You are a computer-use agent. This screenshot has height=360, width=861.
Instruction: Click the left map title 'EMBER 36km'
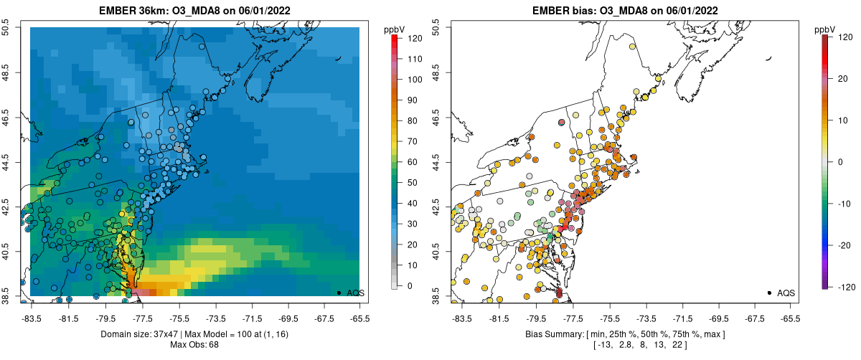[x=132, y=11]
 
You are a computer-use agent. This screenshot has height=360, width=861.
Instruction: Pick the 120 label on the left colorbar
[x=415, y=39]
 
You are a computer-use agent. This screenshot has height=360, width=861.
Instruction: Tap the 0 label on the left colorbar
[x=410, y=286]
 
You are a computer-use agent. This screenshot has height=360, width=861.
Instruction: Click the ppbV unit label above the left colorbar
[x=394, y=29]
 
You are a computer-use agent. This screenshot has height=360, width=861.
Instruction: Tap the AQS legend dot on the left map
[x=339, y=293]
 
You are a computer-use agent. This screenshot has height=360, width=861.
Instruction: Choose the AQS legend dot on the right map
[x=769, y=293]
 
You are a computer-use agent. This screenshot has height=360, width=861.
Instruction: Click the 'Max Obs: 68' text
[x=194, y=346]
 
